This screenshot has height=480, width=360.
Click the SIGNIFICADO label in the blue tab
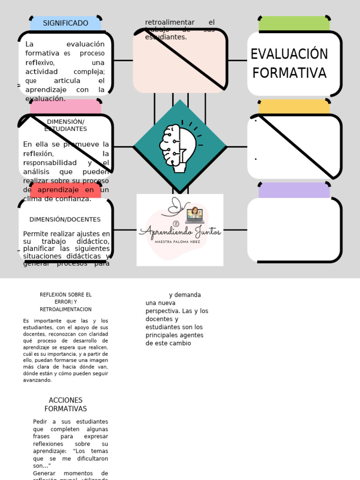pos(66,23)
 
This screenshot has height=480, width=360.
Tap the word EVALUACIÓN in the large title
pos(289,54)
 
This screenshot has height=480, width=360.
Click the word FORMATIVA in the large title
pos(289,73)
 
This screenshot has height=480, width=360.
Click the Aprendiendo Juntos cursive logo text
pos(180,231)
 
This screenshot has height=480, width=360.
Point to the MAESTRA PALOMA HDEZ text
pos(180,242)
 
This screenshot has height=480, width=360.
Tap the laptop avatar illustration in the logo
pos(195,215)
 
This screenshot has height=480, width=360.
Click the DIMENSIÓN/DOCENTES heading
pos(65,219)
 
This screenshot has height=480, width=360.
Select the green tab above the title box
pos(294,23)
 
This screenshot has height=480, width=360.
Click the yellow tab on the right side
pos(294,107)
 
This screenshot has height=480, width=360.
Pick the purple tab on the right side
pos(294,190)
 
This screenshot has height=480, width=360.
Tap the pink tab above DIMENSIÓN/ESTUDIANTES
pos(66,106)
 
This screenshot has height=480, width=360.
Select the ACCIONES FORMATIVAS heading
pos(66,405)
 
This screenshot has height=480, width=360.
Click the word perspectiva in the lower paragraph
pos(163,311)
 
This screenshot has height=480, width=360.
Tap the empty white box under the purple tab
pos(294,230)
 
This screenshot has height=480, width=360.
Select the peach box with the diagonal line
pos(180,61)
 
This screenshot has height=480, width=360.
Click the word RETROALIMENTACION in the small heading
pos(66,309)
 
